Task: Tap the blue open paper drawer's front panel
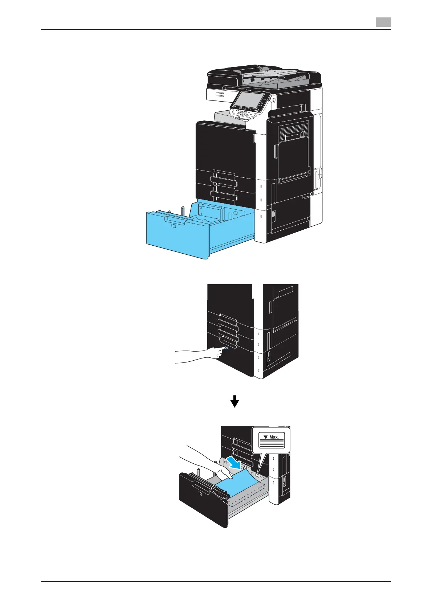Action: (x=176, y=234)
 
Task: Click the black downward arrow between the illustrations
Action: (x=235, y=401)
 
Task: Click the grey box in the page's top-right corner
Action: (x=383, y=22)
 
